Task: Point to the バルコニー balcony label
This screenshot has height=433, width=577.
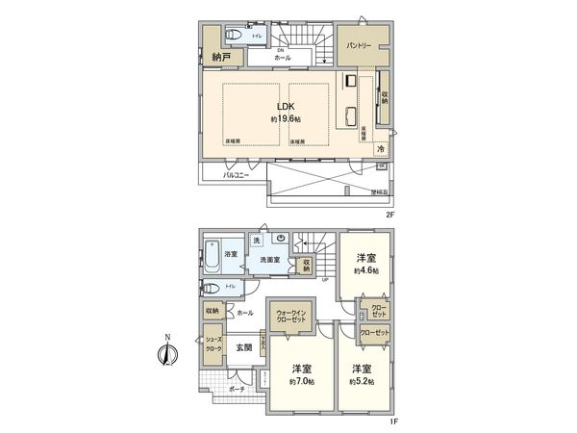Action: click(x=237, y=177)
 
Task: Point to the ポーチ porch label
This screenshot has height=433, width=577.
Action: click(x=237, y=390)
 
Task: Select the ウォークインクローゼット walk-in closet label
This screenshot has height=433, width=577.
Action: click(x=291, y=316)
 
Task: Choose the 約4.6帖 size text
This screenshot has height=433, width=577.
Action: click(x=365, y=271)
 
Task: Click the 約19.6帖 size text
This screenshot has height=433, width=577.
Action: click(x=287, y=119)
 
